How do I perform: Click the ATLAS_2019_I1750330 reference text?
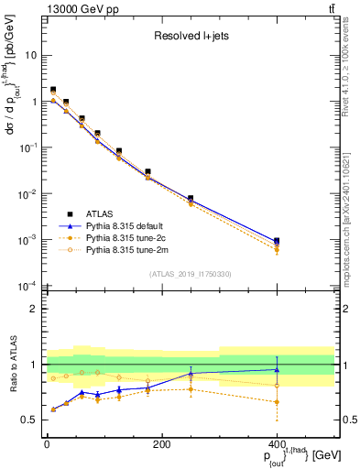pos(190,274)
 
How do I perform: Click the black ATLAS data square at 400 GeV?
pos(277,241)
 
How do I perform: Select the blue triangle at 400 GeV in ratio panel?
pos(277,370)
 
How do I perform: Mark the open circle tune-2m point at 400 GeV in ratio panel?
pos(277,386)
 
